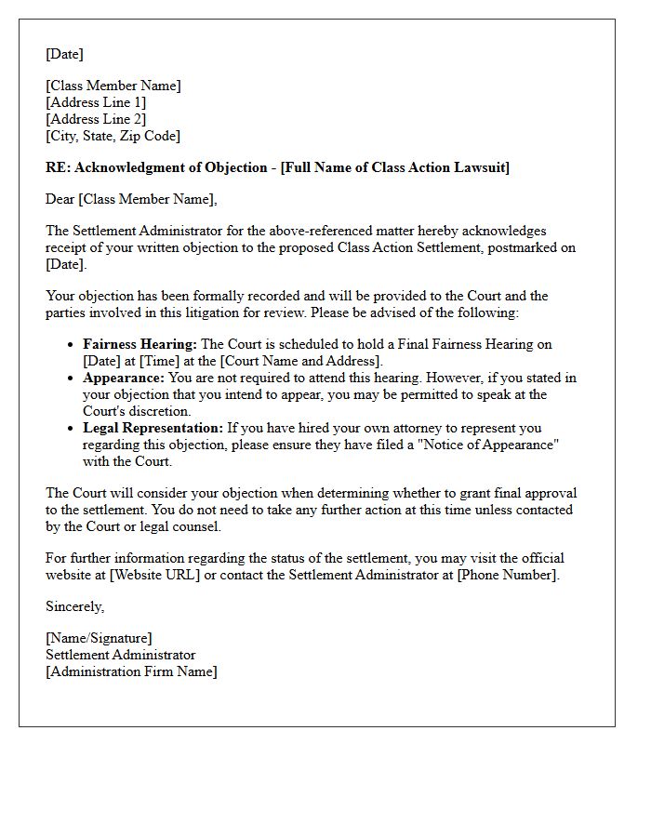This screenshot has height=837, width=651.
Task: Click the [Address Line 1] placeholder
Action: click(96, 102)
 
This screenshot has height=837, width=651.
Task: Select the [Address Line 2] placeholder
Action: click(96, 119)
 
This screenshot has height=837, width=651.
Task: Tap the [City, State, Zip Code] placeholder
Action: click(113, 136)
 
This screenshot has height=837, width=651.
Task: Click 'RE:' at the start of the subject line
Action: click(58, 167)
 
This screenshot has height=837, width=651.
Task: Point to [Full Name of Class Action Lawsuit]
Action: click(394, 167)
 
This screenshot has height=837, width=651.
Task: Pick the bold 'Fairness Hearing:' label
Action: click(139, 344)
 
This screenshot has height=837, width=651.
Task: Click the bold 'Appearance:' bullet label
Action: click(124, 378)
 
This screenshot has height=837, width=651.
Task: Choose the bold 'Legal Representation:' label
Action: click(153, 428)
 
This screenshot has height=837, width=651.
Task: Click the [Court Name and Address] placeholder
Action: click(299, 361)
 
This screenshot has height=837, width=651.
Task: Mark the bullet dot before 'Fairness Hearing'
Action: click(72, 345)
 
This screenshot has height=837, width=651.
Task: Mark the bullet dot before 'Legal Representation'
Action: click(72, 429)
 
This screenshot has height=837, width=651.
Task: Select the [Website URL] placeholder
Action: click(153, 575)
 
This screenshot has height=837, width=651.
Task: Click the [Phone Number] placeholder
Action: click(508, 575)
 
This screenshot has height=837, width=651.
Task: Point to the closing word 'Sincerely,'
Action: click(75, 606)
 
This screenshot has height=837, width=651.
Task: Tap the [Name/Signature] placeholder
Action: click(99, 638)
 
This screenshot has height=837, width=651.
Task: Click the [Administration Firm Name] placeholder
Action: click(131, 671)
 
